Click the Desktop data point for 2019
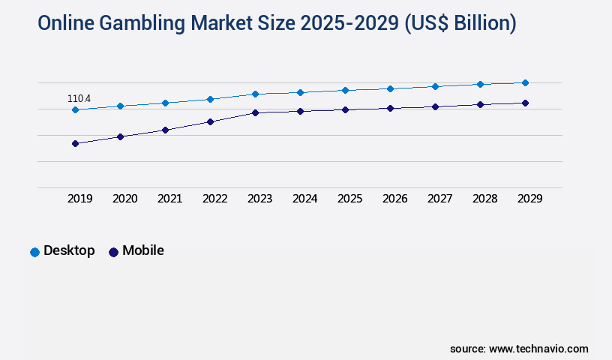75,109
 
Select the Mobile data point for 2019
75,143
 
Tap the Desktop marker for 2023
255,94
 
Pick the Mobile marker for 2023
255,112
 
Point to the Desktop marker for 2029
525,82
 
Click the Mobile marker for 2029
525,103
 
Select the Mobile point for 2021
165,130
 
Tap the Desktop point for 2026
390,88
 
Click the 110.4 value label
79,98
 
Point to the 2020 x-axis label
124,199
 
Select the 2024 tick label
304,199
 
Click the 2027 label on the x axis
439,199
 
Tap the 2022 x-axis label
214,199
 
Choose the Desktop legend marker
34,252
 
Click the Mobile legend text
142,250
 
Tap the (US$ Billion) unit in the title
460,24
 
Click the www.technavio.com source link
538,349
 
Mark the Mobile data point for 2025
345,109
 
